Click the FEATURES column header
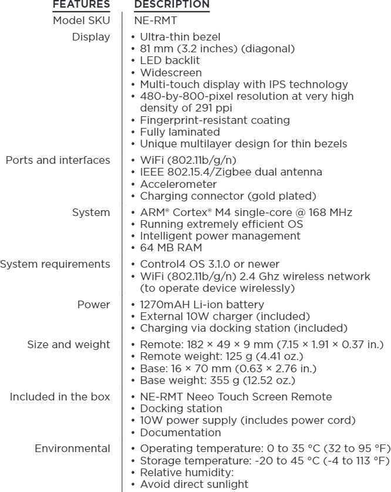(81, 5)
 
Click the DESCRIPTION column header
(172, 5)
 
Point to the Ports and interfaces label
(58, 160)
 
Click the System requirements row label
(55, 264)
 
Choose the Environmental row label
(72, 449)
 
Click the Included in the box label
(60, 396)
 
